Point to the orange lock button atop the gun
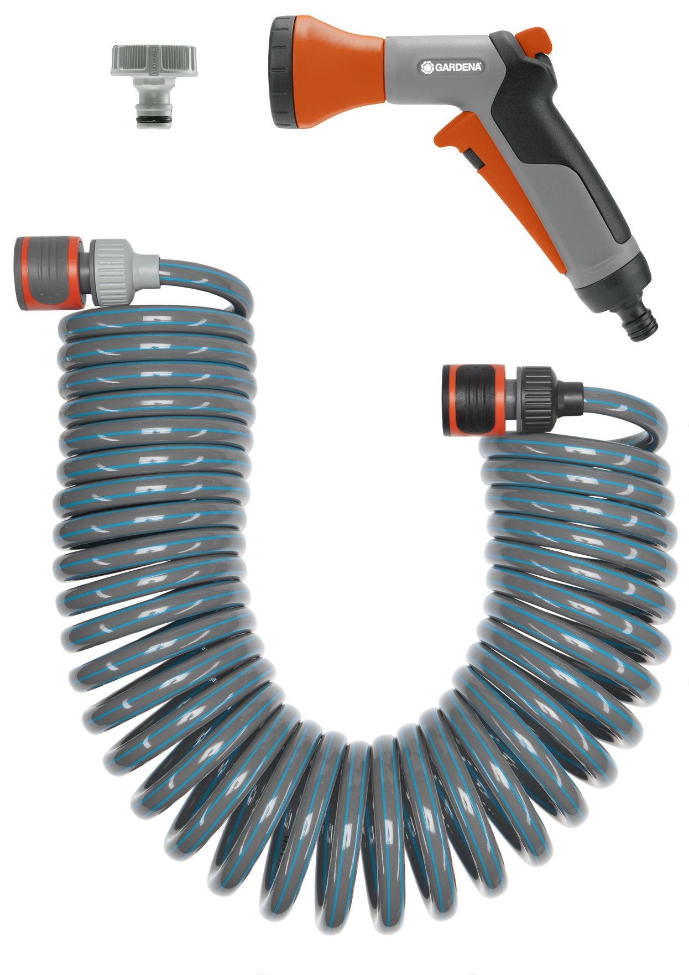coord(535,41)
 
